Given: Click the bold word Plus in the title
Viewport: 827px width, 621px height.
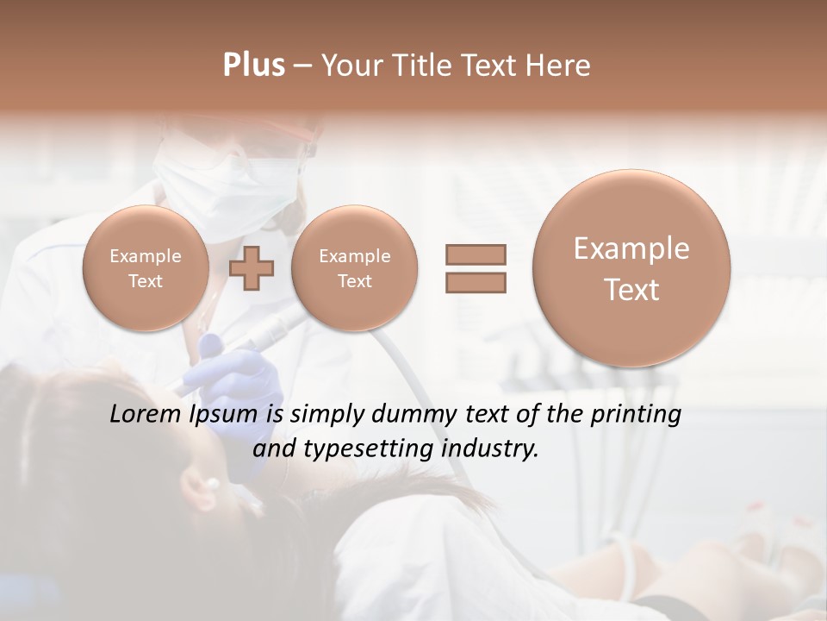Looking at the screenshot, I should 253,66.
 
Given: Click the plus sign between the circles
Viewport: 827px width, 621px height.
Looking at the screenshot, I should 252,268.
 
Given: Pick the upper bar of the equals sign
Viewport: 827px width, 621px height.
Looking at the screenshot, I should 475,254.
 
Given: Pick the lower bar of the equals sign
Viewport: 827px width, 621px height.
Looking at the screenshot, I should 475,282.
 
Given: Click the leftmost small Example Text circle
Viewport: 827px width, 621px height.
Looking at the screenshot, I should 145,268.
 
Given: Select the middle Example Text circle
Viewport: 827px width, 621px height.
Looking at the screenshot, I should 354,268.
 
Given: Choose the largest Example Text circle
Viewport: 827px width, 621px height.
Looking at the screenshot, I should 631,268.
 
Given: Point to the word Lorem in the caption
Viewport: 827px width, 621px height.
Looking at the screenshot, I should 146,415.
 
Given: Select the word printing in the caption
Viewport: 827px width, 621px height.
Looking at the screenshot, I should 635,415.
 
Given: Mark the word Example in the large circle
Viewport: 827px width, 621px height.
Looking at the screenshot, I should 631,248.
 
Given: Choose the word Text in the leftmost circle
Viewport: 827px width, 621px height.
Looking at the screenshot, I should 145,281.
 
